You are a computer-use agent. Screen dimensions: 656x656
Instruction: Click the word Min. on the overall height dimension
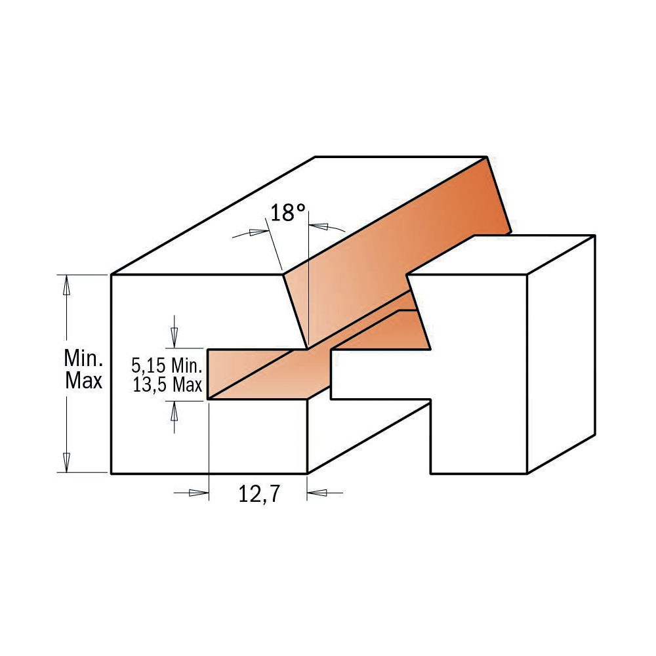coord(84,358)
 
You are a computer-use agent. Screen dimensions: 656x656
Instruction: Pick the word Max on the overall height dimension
coord(84,381)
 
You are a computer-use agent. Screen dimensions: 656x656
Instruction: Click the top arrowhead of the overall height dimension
coord(65,284)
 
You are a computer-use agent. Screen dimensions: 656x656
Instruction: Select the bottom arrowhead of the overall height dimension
coord(65,462)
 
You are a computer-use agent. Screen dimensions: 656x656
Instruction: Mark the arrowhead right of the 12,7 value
coord(318,493)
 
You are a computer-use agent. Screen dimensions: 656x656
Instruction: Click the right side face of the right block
coord(562,354)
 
